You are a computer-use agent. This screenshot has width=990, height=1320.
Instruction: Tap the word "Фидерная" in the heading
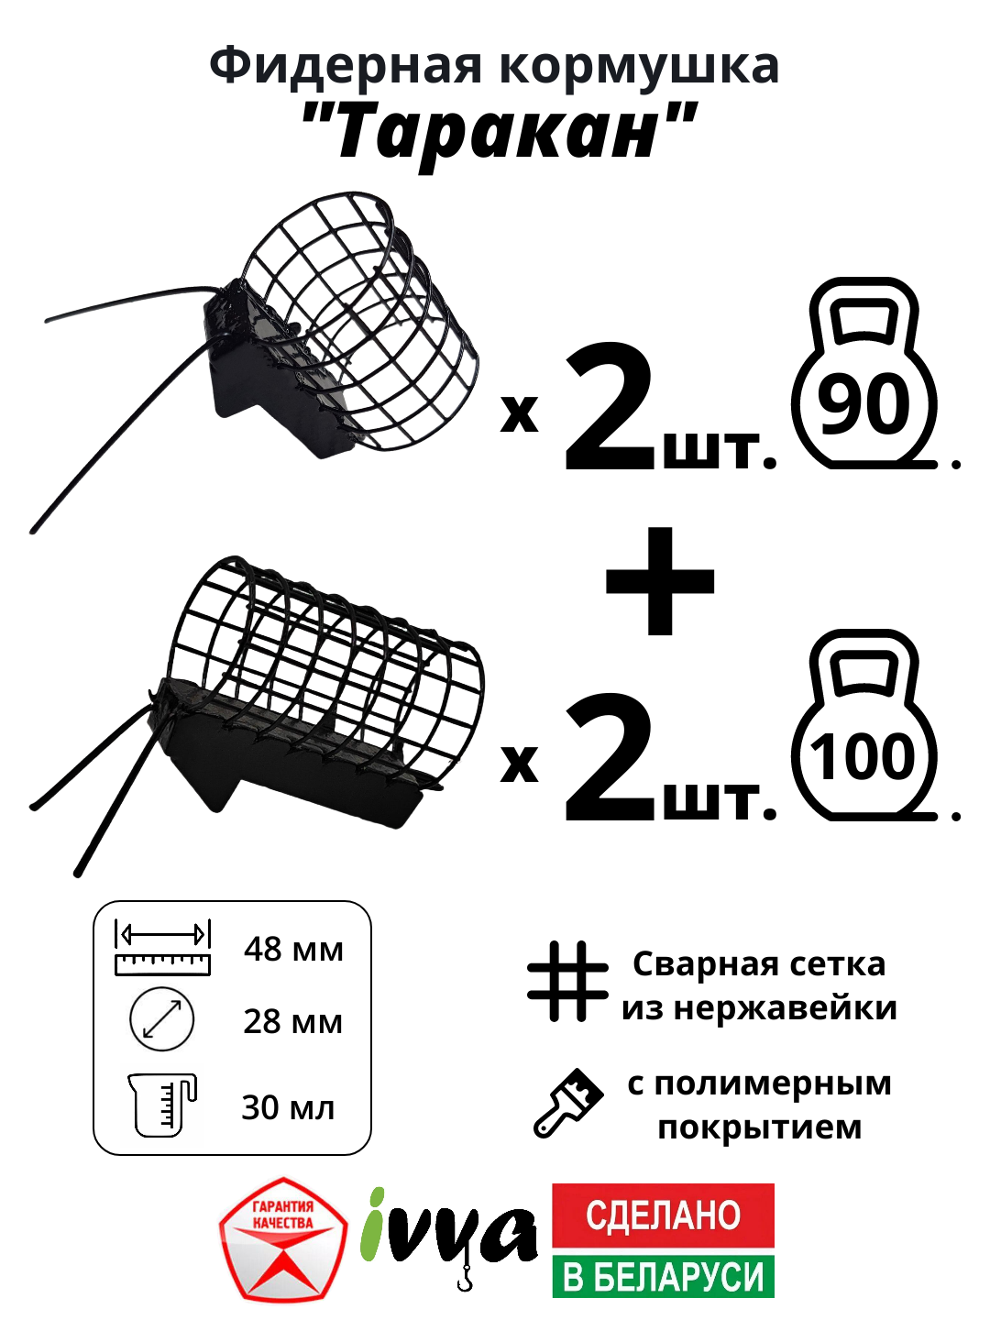click(x=345, y=66)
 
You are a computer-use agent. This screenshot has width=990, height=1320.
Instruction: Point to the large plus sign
click(x=660, y=581)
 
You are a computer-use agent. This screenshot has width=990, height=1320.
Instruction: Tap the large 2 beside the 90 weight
click(x=609, y=409)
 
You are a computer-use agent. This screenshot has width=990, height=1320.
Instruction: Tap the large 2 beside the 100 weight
click(x=609, y=759)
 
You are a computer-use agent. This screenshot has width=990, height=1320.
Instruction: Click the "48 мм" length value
click(x=293, y=949)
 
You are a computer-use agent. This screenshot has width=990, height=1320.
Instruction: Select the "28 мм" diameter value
click(x=292, y=1021)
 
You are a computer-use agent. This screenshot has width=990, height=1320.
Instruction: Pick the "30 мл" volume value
click(x=288, y=1107)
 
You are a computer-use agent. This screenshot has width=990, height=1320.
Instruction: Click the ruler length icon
click(x=162, y=948)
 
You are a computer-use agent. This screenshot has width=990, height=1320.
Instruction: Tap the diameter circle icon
click(x=162, y=1019)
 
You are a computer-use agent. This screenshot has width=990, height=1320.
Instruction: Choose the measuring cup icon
click(x=161, y=1105)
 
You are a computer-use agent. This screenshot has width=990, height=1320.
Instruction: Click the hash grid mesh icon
click(x=567, y=982)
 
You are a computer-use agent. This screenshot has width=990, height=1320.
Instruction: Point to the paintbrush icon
click(x=568, y=1103)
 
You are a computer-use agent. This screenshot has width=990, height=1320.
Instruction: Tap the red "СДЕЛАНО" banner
click(x=663, y=1215)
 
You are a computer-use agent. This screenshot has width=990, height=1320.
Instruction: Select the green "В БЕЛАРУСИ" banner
click(x=663, y=1276)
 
